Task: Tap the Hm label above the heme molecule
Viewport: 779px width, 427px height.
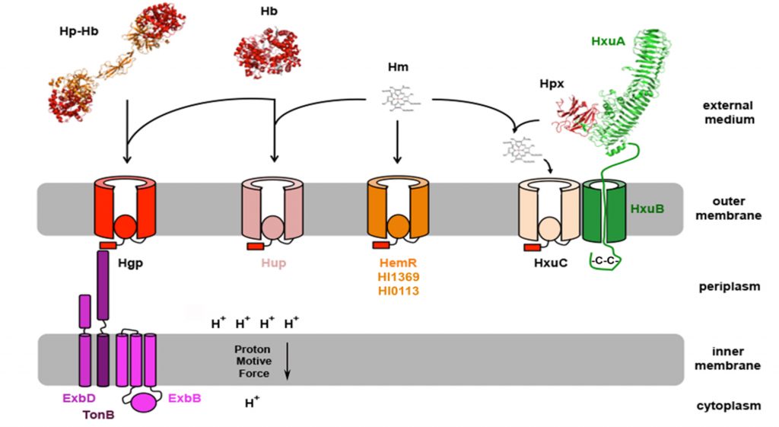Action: click(397, 68)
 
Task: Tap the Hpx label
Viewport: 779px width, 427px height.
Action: click(552, 86)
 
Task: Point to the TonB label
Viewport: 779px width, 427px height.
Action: click(100, 414)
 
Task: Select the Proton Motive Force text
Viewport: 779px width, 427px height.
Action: click(252, 361)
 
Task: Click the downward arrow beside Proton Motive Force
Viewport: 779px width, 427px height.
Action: click(288, 361)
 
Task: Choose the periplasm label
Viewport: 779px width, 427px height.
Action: click(729, 287)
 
